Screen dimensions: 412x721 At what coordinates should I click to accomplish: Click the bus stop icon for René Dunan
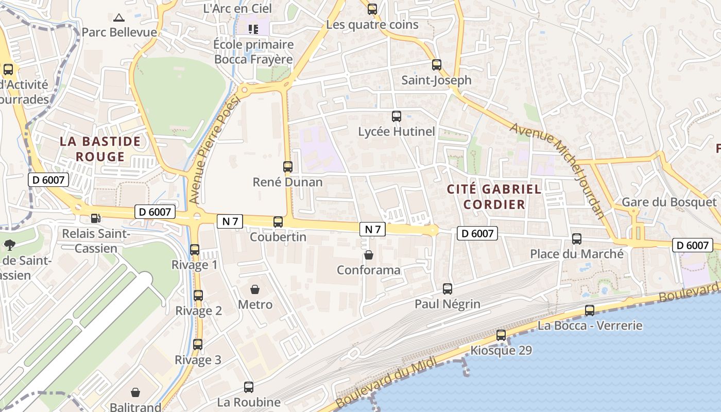[288, 167]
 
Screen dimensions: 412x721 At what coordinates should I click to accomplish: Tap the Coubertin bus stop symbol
[278, 222]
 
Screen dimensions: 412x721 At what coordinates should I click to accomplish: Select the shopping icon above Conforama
[369, 255]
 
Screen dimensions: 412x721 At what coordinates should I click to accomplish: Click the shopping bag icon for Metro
[255, 289]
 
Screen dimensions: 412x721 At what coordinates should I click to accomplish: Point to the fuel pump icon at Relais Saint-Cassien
[95, 219]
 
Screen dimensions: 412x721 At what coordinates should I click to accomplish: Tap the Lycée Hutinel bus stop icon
[397, 116]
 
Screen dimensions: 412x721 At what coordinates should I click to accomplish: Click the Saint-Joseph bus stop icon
[437, 65]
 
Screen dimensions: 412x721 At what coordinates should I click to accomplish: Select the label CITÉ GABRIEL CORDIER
[494, 196]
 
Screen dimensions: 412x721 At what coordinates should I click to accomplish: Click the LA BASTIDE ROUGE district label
[100, 149]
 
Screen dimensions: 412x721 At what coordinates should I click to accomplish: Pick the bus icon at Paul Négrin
[448, 289]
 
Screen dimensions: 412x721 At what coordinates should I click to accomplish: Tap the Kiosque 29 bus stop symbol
[501, 335]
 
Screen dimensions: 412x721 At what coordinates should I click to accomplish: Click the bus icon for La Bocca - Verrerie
[590, 311]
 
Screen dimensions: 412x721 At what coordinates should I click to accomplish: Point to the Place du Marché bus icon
[577, 239]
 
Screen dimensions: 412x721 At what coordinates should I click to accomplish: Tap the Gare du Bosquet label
[669, 202]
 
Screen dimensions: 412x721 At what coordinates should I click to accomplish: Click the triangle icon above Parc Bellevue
[119, 18]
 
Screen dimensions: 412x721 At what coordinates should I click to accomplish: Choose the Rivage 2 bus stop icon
[198, 296]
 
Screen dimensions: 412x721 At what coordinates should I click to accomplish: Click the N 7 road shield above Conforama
[373, 229]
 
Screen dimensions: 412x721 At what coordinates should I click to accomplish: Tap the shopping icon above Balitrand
[135, 393]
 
